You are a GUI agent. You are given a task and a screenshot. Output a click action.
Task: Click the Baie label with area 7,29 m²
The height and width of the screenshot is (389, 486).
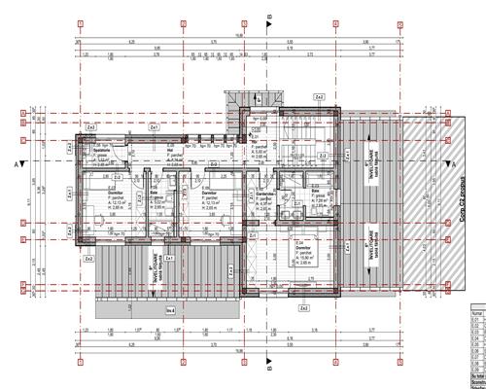coord(319,194)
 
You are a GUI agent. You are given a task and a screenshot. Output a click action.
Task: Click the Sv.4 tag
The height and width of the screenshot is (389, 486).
coord(170,309)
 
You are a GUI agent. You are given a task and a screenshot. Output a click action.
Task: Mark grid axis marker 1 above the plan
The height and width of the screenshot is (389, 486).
coord(83,21)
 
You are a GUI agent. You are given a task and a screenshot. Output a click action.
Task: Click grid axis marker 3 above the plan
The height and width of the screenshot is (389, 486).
coord(240,21)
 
